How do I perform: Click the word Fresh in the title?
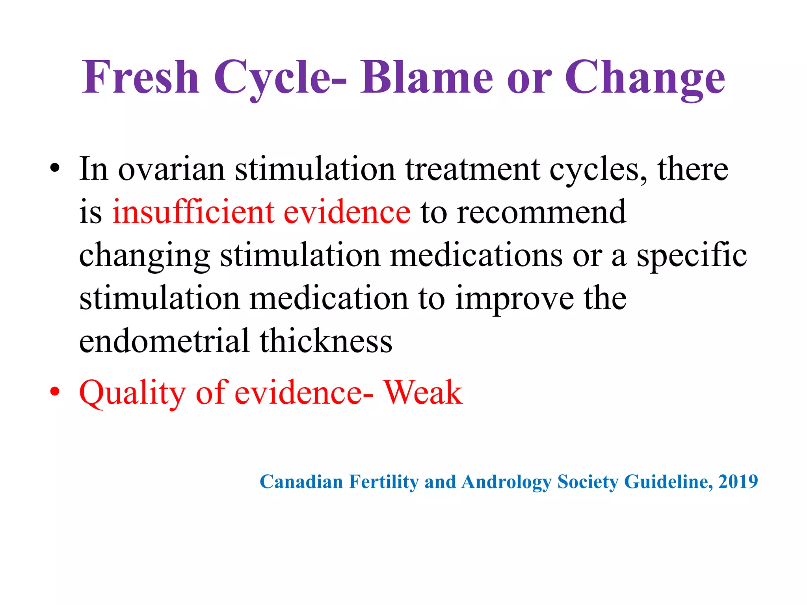[140, 77]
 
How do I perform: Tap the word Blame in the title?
[426, 77]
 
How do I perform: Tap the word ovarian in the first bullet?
[171, 169]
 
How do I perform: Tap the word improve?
[514, 299]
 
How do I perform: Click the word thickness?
[325, 341]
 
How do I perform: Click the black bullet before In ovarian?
[55, 169]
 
